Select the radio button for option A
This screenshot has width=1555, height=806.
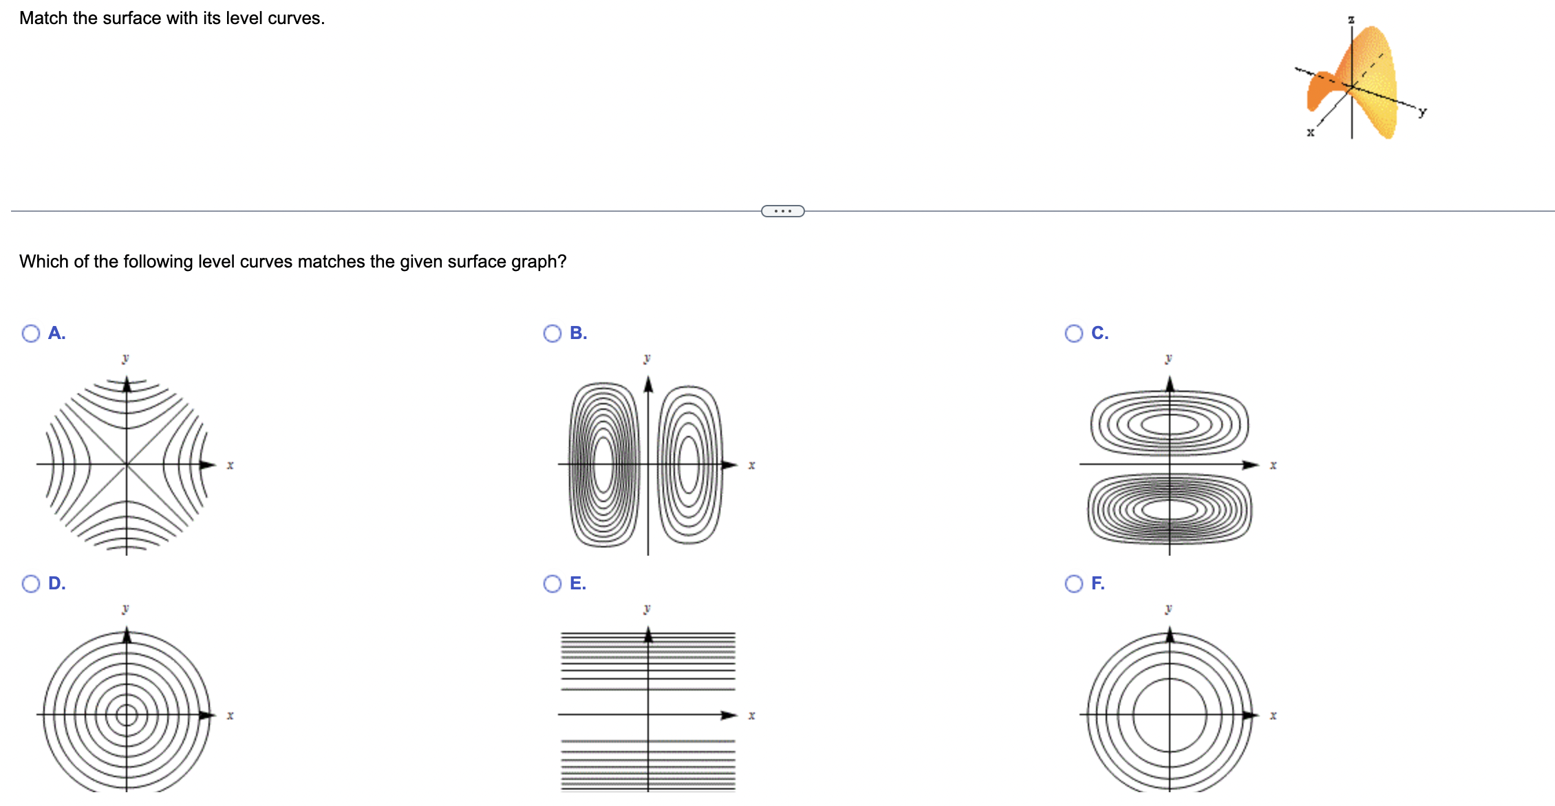coord(31,334)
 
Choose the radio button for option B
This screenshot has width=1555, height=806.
coord(553,334)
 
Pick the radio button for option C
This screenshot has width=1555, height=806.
coord(1074,334)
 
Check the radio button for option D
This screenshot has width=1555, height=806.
coord(31,584)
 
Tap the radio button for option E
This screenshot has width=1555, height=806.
coord(553,584)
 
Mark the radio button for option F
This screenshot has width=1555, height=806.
coord(1074,584)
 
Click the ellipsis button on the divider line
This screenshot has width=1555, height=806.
coord(782,211)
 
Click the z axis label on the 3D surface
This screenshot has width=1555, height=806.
coord(1351,19)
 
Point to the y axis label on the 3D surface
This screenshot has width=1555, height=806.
coord(1423,111)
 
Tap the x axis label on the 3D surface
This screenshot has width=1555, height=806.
coord(1310,132)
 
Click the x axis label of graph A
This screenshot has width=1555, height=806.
coord(230,466)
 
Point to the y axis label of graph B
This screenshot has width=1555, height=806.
coord(647,358)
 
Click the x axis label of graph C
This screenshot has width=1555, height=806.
coord(1274,466)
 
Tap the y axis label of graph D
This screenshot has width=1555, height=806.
coord(125,609)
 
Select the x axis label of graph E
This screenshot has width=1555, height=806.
coord(752,716)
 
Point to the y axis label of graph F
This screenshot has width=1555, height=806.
coord(1168,609)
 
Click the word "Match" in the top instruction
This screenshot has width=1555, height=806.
coord(43,19)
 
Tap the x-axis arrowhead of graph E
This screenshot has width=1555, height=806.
coord(729,715)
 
